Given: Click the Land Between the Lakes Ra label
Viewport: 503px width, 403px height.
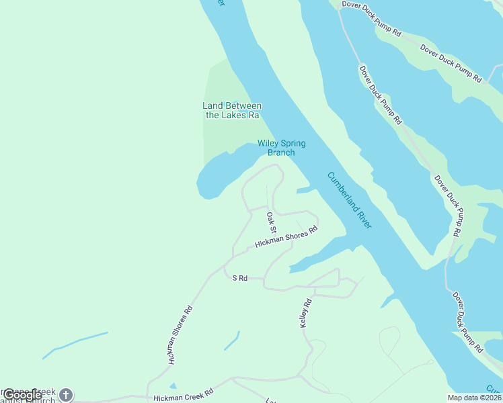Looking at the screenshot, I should (x=232, y=110).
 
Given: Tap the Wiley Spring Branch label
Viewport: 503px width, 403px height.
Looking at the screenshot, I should (x=281, y=148).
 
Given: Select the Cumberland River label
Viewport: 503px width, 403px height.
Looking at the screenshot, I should (x=349, y=200).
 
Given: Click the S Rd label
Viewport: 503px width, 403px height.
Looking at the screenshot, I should (x=240, y=277).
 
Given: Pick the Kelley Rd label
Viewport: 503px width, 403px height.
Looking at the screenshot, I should (x=307, y=313).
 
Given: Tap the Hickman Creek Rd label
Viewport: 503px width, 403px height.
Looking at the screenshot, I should (x=183, y=391).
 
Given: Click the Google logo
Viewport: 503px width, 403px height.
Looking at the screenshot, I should (x=22, y=395).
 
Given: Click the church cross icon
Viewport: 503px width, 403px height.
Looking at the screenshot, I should (x=65, y=394).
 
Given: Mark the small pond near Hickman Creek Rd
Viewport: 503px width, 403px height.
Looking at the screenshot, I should (x=173, y=386).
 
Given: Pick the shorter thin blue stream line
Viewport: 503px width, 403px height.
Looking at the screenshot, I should (x=231, y=341).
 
